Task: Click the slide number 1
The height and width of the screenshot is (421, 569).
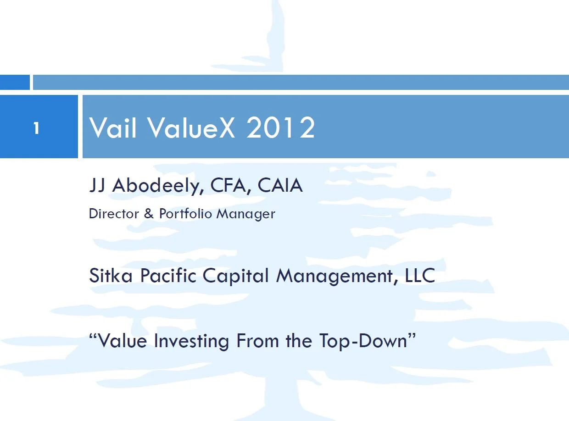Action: (x=36, y=128)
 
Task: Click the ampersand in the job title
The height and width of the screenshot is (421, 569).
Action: (x=149, y=214)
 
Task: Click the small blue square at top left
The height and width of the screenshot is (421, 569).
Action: (x=15, y=83)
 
